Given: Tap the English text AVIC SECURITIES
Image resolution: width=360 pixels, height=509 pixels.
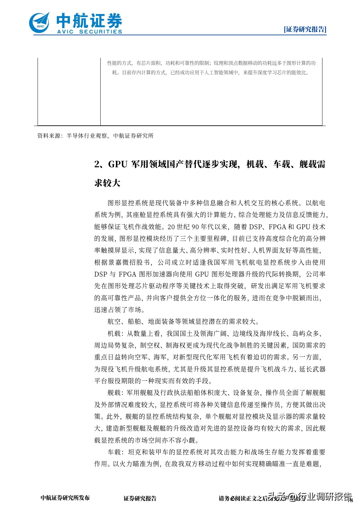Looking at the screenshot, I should tap(90, 32).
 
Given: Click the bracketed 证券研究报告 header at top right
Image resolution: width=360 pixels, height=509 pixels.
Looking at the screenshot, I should tap(305, 29).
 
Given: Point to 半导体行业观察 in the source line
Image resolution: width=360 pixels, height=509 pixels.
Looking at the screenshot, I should tap(87, 136).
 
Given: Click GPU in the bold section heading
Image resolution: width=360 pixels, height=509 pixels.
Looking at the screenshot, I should tap(118, 164).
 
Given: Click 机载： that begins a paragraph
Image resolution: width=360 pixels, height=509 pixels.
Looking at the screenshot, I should tap(116, 334).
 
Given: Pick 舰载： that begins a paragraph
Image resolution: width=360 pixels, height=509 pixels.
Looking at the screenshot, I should tap(116, 393).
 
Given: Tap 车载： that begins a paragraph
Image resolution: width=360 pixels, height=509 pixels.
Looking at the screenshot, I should tap(116, 452).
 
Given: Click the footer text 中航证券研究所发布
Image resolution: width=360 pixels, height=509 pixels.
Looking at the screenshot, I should tap(65, 498).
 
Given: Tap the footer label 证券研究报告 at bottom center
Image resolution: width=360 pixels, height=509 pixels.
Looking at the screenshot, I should tap(140, 498).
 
